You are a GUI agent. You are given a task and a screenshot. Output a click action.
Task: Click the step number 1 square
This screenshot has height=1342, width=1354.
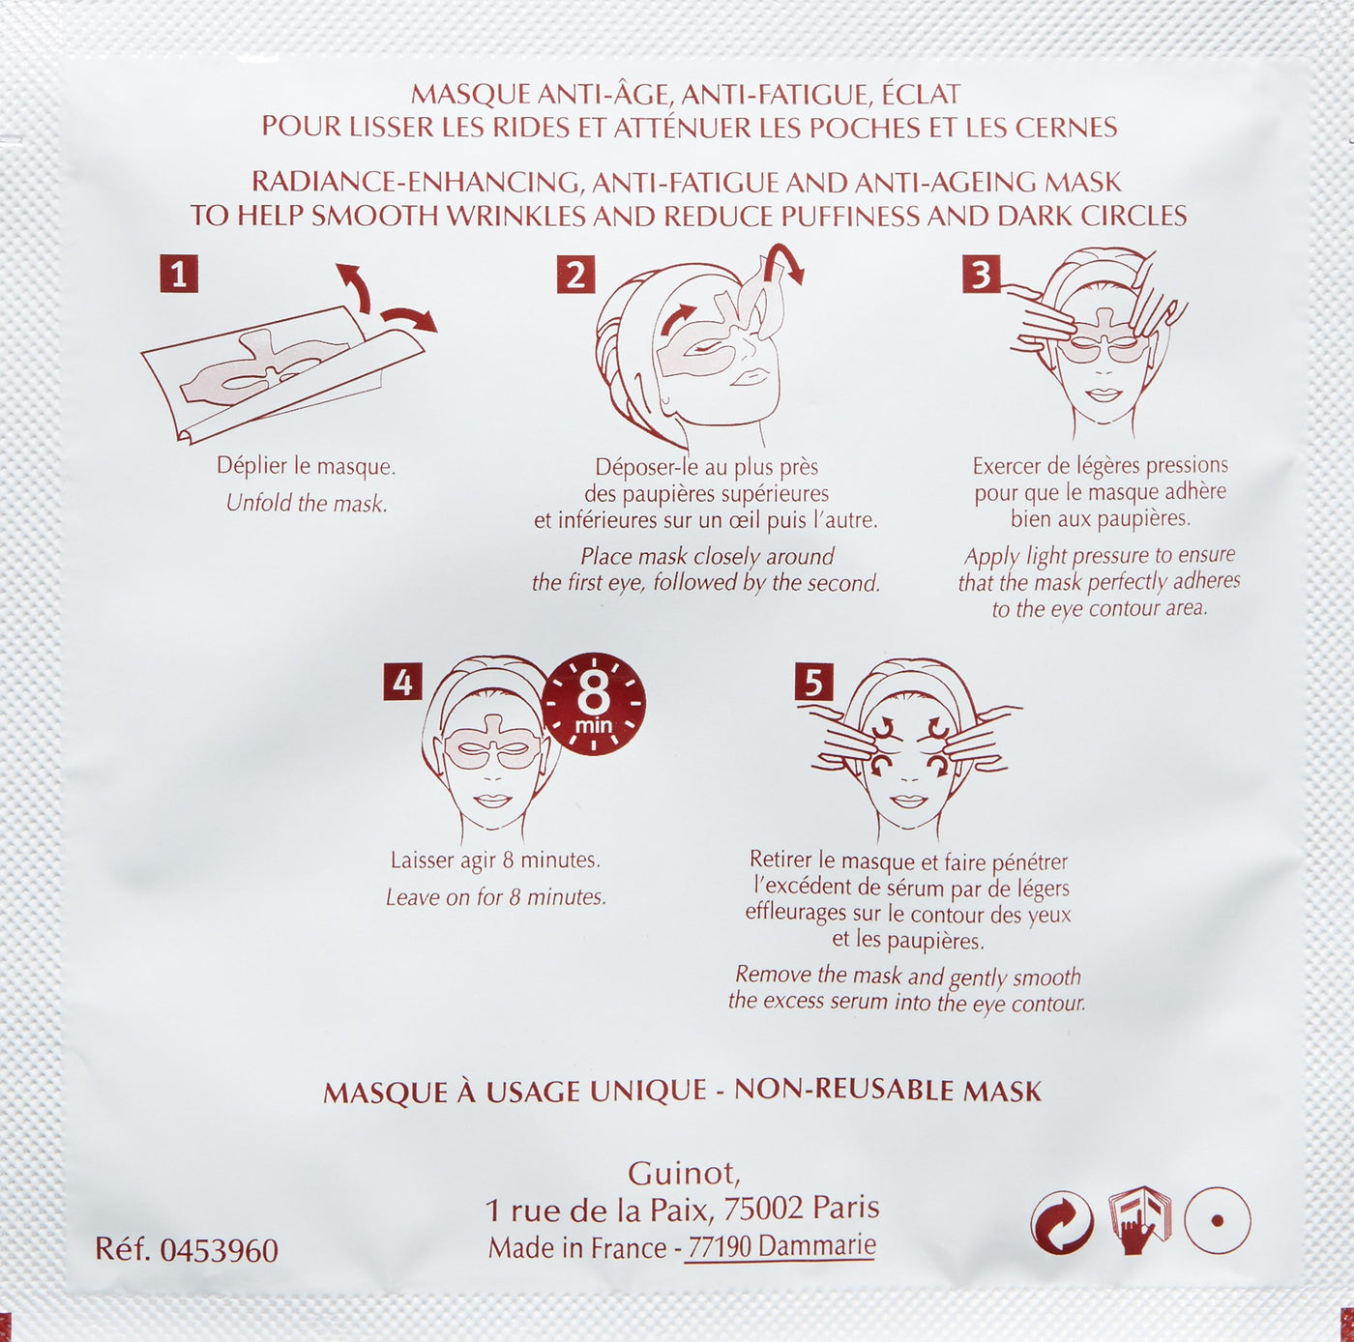(179, 274)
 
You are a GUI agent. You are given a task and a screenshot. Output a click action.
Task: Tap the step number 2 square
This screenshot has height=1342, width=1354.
(575, 274)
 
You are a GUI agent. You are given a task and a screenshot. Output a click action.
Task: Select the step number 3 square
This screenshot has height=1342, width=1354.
(982, 274)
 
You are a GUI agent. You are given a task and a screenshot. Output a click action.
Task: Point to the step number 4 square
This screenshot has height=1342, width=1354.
(402, 682)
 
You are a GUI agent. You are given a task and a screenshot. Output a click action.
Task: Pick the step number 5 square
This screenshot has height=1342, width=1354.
(813, 682)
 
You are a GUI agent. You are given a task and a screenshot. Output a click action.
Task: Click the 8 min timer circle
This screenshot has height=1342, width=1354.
(594, 704)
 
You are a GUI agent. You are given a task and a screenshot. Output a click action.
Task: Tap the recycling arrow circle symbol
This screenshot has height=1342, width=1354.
(1062, 1222)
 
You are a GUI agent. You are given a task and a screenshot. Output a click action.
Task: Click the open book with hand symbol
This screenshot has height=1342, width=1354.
(1138, 1221)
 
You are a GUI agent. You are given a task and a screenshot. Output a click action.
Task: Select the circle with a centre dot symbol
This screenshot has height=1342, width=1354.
(1218, 1221)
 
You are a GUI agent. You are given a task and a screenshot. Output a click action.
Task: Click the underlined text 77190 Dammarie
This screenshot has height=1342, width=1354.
(781, 1246)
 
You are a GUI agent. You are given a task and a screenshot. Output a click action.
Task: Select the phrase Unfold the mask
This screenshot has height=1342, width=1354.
(307, 503)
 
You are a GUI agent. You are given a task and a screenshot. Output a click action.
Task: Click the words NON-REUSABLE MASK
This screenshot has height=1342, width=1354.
(888, 1091)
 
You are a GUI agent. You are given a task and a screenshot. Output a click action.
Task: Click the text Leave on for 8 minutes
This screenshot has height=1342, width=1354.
(495, 896)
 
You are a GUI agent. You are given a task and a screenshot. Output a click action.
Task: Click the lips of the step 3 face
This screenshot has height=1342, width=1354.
(1104, 394)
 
